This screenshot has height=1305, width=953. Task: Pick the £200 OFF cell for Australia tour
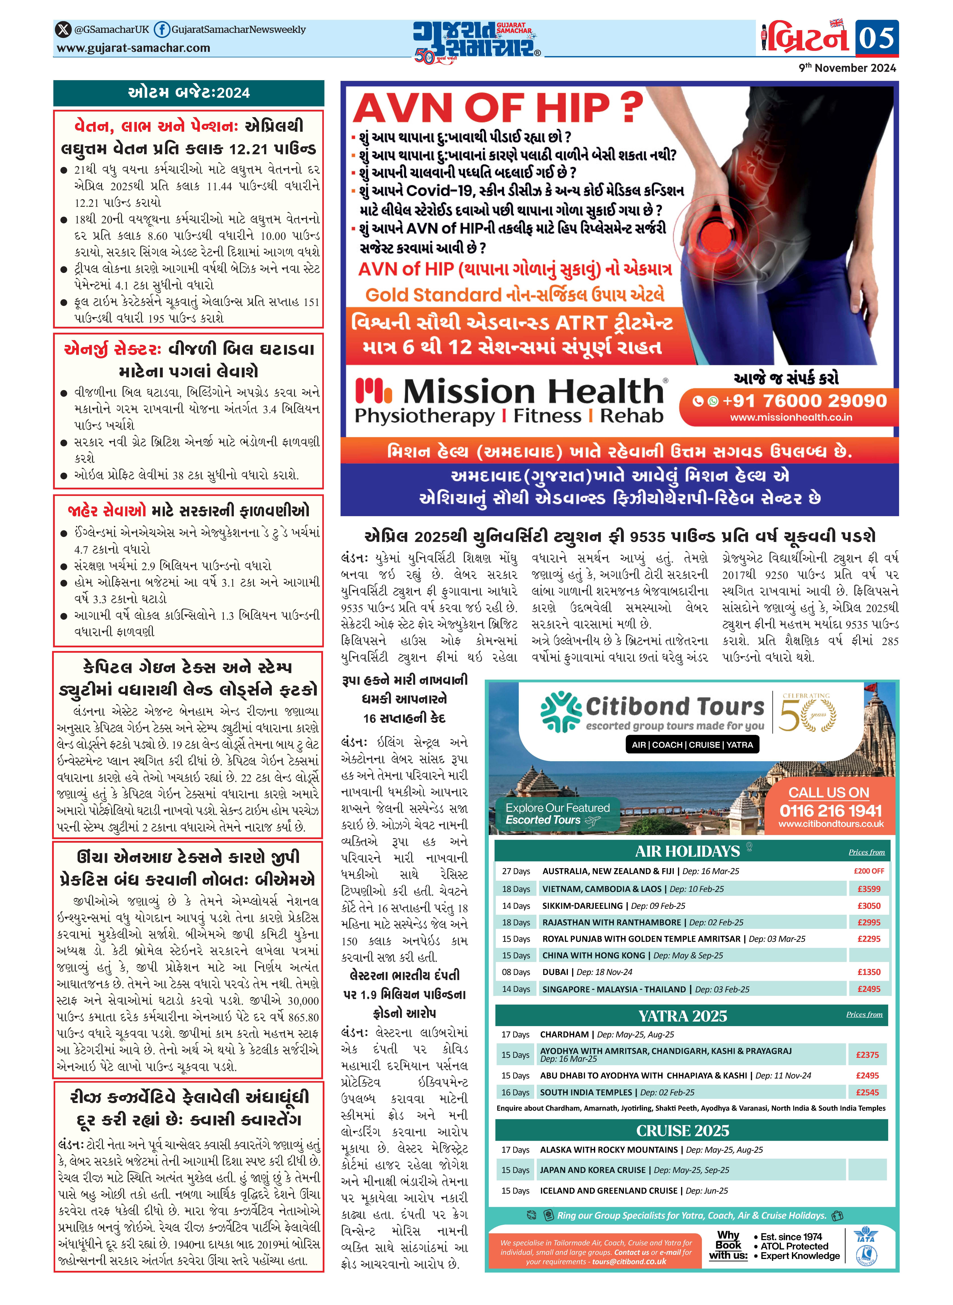(x=868, y=871)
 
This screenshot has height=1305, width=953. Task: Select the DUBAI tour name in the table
(x=555, y=972)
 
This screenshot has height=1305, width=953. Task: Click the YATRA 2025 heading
(x=683, y=1016)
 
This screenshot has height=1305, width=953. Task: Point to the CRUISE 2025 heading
(x=683, y=1131)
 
